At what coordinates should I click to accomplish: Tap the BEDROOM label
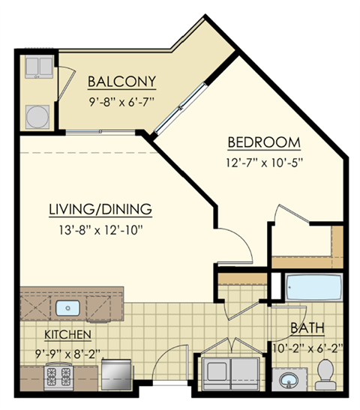click(265, 142)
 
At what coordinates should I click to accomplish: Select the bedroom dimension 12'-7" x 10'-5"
click(265, 161)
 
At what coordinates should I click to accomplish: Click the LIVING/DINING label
click(101, 208)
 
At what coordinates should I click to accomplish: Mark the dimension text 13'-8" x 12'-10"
click(101, 228)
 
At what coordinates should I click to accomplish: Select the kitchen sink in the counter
click(68, 307)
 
